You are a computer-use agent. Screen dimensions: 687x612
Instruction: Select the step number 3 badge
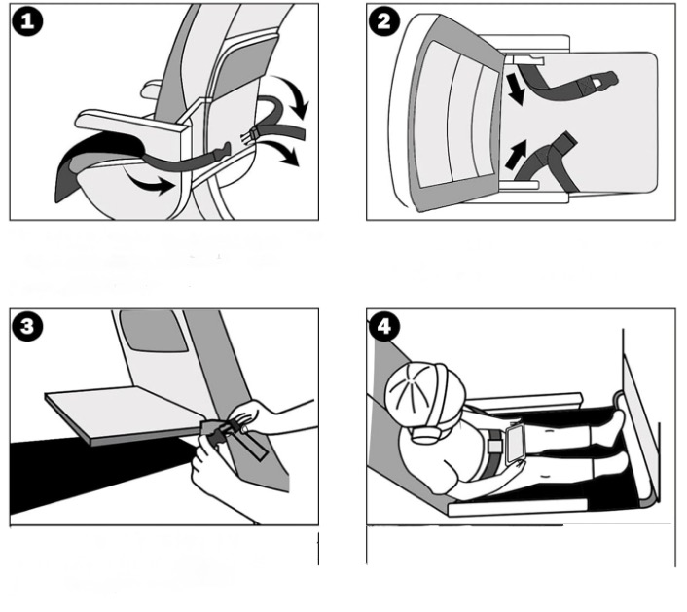click(27, 327)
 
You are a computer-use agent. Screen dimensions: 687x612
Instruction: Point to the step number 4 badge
click(383, 327)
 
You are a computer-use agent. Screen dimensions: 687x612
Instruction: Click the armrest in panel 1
click(131, 124)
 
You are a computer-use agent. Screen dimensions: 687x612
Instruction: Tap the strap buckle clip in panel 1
click(248, 136)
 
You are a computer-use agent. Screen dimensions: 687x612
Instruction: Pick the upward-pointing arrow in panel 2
click(516, 154)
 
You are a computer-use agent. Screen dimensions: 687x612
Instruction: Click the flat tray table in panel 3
click(127, 414)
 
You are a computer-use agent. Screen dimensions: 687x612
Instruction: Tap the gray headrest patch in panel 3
click(154, 331)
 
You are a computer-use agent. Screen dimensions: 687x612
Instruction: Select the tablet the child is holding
click(515, 442)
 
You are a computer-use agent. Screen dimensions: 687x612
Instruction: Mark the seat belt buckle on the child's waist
click(495, 447)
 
